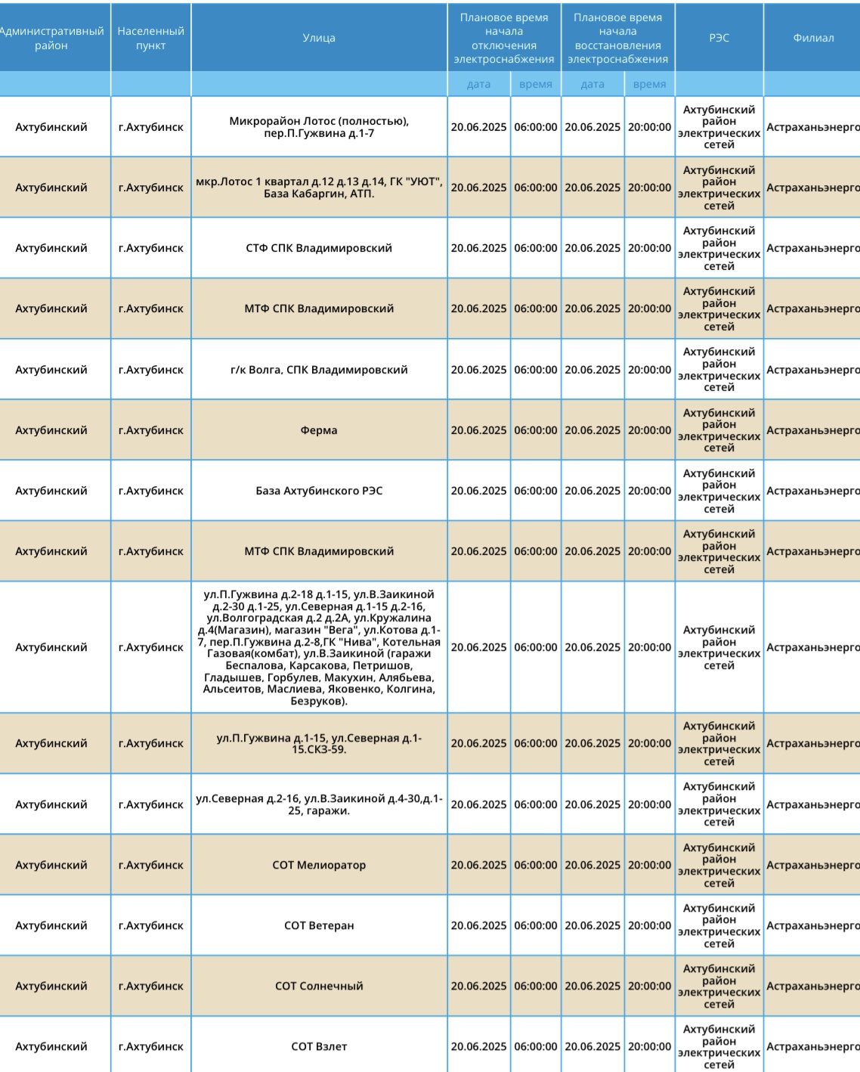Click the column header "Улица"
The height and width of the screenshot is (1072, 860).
319,38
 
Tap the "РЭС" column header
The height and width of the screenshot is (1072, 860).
719,38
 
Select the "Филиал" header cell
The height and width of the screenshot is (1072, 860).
813,38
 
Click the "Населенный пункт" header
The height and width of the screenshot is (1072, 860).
150,38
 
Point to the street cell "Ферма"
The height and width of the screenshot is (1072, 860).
319,430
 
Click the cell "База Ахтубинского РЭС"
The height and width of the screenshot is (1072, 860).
319,491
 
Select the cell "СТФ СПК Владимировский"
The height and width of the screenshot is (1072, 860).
319,248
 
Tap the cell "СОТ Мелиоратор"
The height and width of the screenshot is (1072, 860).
319,865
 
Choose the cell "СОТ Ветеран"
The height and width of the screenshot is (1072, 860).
319,925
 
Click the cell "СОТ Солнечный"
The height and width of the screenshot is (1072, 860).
319,986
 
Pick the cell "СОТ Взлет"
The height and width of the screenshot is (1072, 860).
319,1046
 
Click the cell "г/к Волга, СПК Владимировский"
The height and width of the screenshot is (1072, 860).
319,370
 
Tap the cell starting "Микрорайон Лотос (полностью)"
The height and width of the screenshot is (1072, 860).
319,127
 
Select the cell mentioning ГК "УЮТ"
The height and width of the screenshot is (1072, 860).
319,187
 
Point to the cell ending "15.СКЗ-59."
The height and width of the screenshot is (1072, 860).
319,744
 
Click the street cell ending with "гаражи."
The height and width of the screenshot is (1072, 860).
319,804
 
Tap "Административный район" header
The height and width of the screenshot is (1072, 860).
51,38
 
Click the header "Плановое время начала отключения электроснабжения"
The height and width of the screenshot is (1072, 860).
503,38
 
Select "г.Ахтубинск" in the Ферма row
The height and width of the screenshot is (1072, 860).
150,430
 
